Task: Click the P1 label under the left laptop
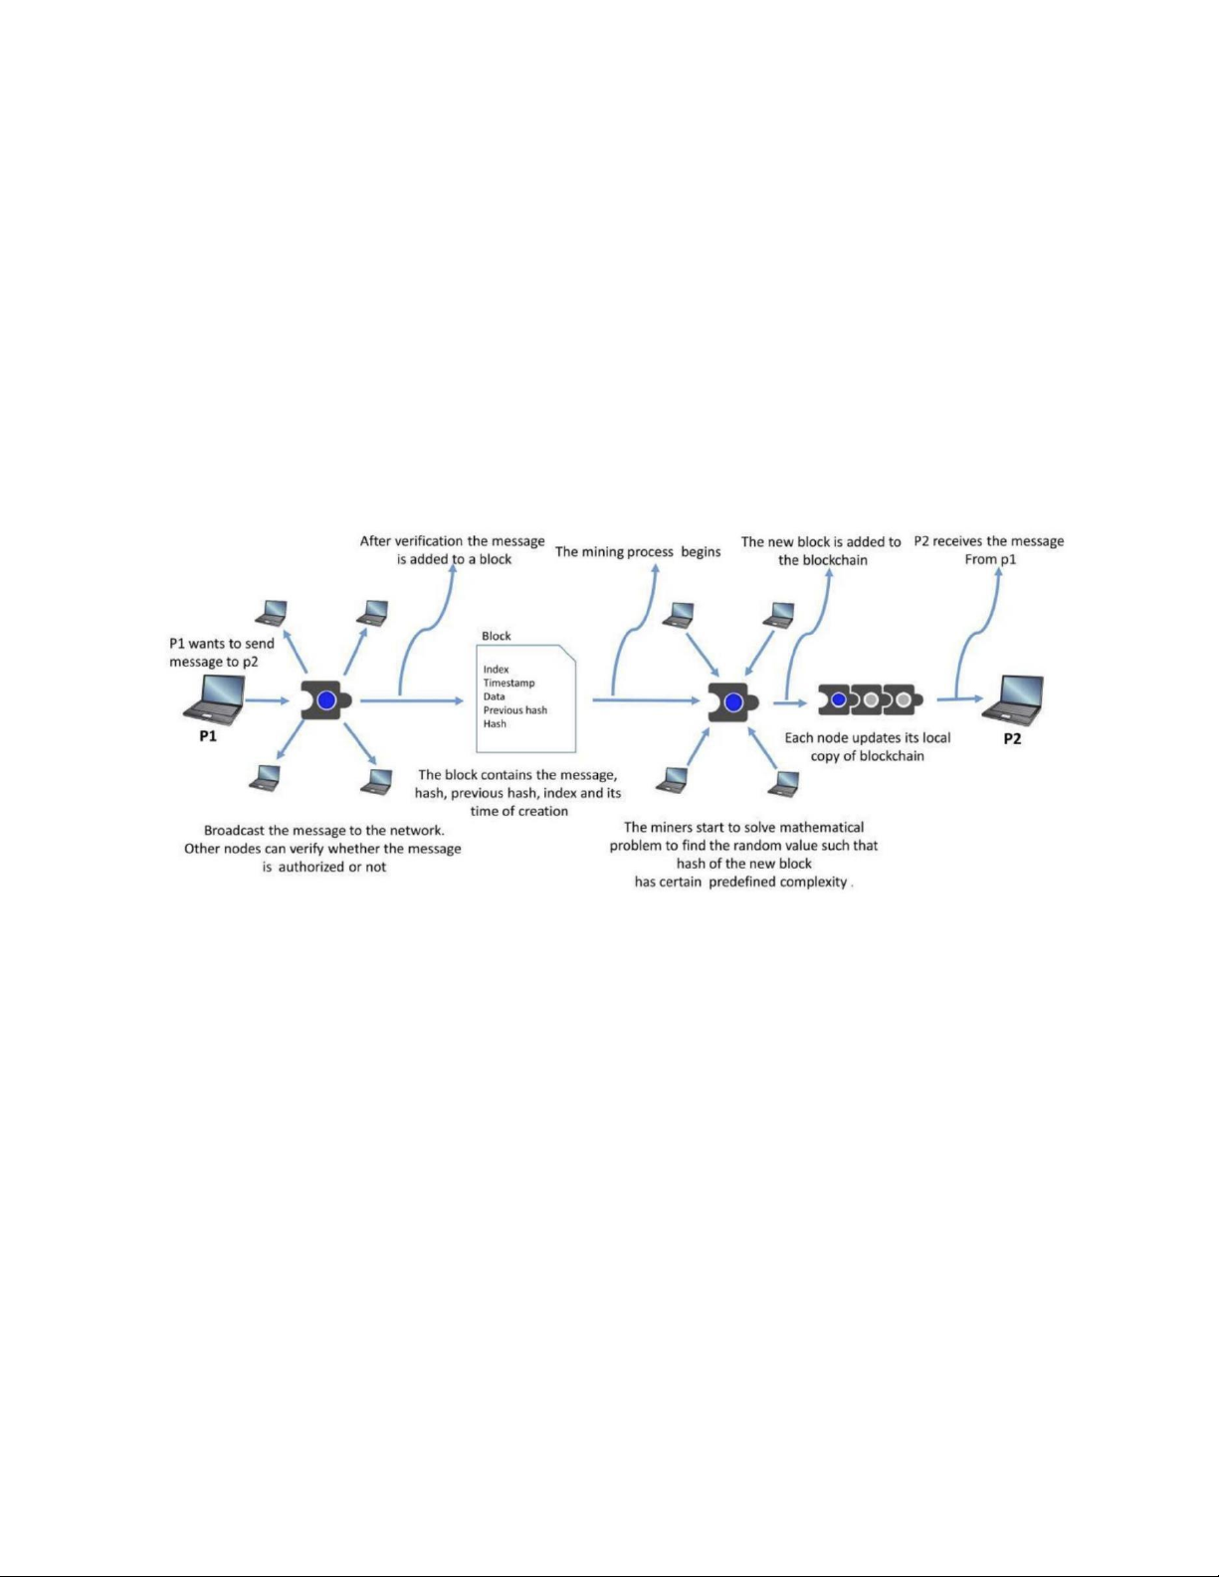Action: [x=208, y=737]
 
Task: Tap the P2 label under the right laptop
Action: [x=1012, y=739]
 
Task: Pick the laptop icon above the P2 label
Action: [x=1014, y=698]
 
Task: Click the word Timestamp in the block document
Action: [x=508, y=684]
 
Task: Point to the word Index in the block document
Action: [x=496, y=670]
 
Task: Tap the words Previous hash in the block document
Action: [x=514, y=710]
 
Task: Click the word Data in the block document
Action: [x=494, y=696]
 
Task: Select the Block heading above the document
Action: [x=496, y=636]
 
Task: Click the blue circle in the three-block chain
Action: [x=839, y=699]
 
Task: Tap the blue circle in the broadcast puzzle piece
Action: [x=325, y=699]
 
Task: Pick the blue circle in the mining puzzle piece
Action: [x=733, y=702]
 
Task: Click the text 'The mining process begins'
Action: [x=638, y=552]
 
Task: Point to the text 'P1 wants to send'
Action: [x=221, y=644]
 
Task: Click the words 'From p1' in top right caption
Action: [x=990, y=559]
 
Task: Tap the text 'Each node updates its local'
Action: [x=867, y=738]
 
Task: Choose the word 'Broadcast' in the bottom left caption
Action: [x=236, y=831]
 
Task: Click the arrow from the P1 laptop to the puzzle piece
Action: [x=265, y=700]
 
